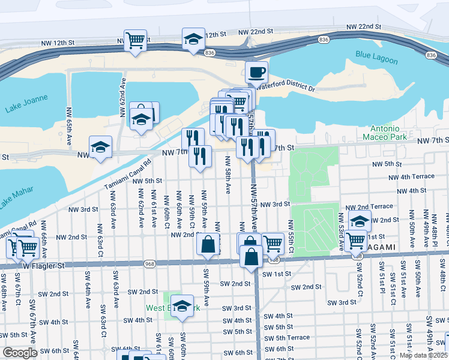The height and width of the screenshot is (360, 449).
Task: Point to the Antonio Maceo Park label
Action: coord(381,133)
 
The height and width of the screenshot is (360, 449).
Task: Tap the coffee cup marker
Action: coord(256,73)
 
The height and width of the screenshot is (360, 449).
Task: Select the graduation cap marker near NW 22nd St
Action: coord(193,40)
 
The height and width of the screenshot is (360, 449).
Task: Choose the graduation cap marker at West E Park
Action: coord(182,305)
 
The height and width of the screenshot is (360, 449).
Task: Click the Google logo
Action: coord(20,353)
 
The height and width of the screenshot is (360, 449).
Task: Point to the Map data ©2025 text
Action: coord(424,355)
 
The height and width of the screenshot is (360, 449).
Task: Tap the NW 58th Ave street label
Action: coord(228,175)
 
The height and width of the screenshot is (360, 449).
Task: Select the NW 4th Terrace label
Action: coord(411,177)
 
